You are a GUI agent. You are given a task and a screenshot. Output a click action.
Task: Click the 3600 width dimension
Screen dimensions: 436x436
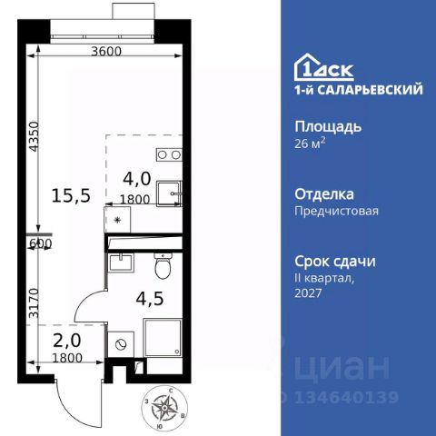(x=106, y=51)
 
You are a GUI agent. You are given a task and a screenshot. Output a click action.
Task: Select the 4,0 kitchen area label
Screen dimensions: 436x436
(x=137, y=179)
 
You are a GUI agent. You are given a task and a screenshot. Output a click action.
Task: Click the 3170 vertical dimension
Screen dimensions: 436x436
(x=32, y=299)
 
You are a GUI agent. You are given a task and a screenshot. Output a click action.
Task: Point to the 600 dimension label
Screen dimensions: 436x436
(x=40, y=243)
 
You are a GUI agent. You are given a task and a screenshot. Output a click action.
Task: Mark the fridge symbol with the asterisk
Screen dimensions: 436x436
(x=118, y=219)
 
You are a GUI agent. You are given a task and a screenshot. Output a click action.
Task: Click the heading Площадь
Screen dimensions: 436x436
(x=328, y=126)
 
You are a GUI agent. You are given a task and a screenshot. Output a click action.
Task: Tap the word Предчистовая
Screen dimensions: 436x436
(x=337, y=211)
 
